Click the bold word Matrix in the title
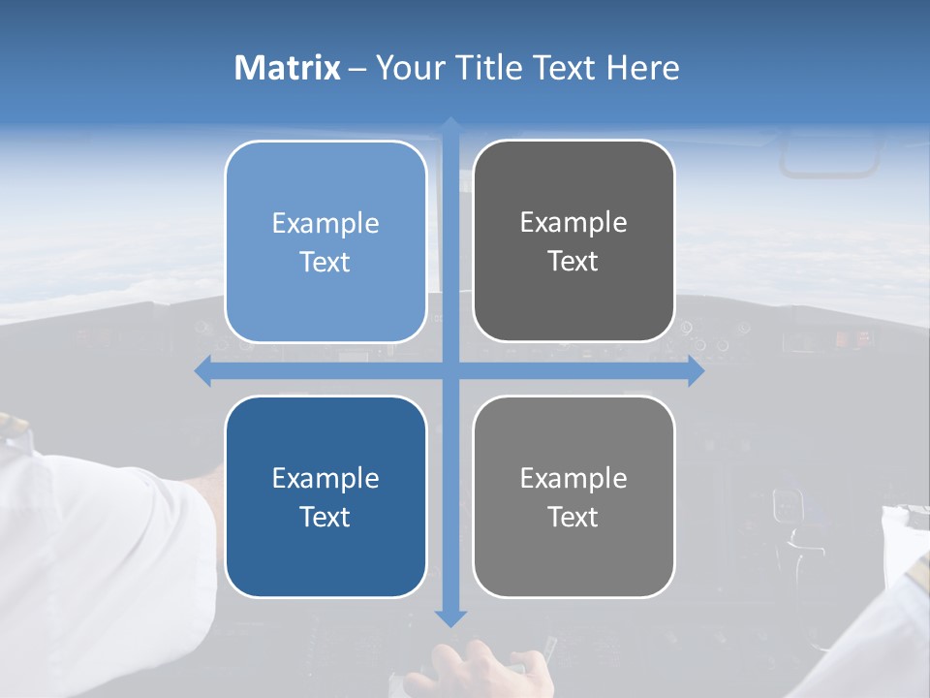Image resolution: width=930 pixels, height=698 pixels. (288, 68)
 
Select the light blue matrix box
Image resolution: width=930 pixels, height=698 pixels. (325, 241)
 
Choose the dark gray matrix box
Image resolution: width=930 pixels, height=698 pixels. (573, 241)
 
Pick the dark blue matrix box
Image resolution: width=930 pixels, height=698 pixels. (325, 496)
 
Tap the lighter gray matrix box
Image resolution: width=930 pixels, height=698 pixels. (573, 496)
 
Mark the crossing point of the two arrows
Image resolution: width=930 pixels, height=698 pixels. (450, 371)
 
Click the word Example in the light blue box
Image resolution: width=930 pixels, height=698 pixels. (325, 223)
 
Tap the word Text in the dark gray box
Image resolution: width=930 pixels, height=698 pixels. (573, 262)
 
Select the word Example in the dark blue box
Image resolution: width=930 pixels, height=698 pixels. (325, 478)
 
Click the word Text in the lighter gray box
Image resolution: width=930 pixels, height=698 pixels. (573, 517)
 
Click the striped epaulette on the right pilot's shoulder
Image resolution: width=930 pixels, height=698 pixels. (914, 572)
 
